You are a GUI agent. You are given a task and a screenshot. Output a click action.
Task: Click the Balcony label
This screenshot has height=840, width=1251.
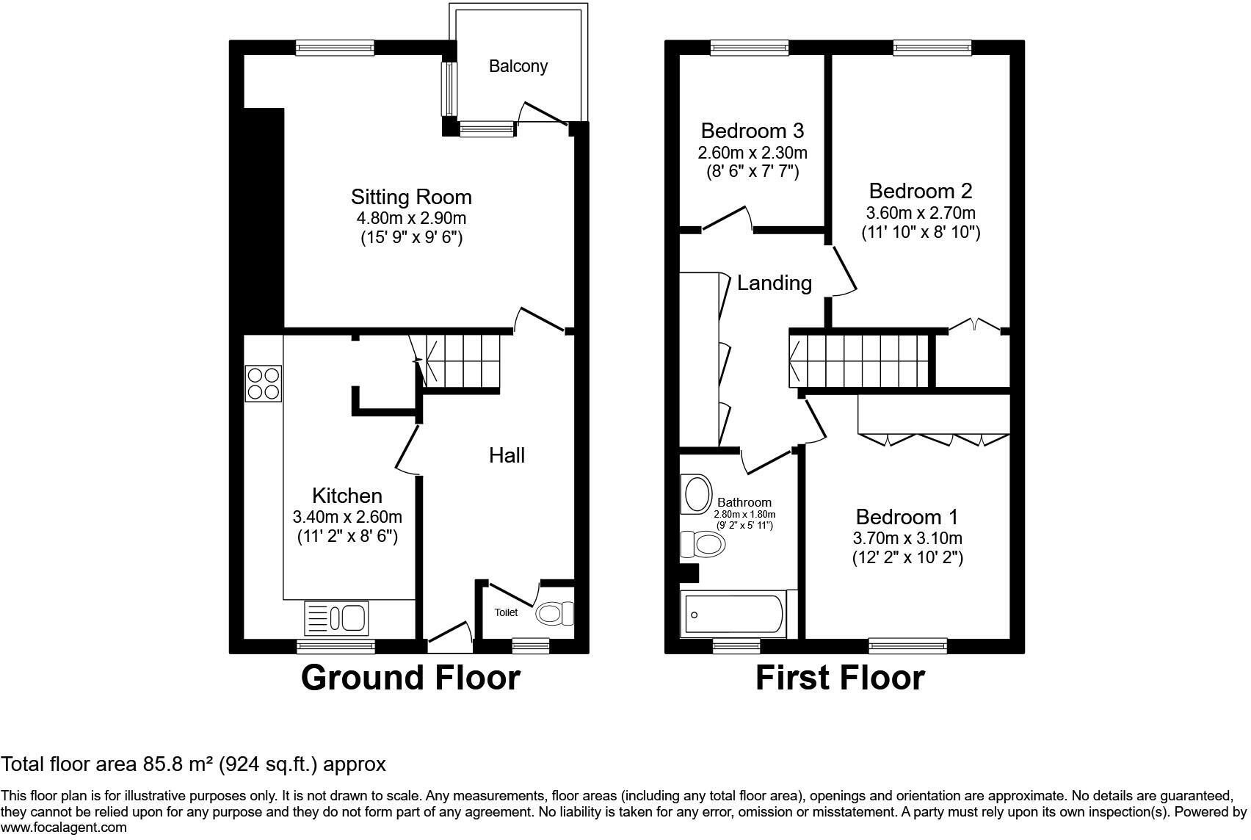tap(518, 67)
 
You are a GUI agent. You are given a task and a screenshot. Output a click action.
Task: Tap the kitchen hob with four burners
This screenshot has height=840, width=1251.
tap(263, 383)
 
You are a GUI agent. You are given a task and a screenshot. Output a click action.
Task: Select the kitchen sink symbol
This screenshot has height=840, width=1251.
tap(336, 618)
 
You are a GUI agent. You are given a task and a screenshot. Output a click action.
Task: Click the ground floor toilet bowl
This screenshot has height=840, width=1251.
tap(554, 613)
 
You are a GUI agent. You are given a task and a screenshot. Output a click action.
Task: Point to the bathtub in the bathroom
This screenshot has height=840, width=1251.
tap(733, 615)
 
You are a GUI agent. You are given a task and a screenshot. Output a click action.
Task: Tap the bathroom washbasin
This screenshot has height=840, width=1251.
tap(696, 494)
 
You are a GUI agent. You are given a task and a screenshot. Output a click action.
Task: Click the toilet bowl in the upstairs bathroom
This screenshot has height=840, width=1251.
tap(703, 544)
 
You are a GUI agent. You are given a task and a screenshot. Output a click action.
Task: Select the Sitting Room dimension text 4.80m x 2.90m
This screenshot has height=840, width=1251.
tap(412, 218)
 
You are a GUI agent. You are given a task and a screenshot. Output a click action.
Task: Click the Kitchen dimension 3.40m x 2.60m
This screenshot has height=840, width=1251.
tap(347, 517)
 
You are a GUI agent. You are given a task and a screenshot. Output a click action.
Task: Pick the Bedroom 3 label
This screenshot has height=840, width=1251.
tap(753, 131)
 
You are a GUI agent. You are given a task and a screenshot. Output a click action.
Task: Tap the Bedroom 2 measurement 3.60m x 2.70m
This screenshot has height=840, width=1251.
tap(921, 213)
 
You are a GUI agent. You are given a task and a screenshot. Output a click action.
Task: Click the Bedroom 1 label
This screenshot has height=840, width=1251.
tap(907, 517)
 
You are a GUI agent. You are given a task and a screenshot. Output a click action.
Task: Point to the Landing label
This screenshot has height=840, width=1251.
tap(774, 283)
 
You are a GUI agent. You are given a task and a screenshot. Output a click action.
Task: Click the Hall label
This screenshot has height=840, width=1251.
tap(507, 456)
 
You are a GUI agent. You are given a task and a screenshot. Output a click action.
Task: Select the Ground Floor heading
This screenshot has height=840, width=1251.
tap(410, 678)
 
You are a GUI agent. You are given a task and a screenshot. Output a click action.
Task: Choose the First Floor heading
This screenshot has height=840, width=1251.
tap(840, 678)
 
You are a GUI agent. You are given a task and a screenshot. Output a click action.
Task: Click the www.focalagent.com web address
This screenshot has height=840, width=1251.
tap(64, 828)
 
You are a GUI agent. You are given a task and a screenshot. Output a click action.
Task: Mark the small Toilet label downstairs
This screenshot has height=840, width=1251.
tap(506, 612)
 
